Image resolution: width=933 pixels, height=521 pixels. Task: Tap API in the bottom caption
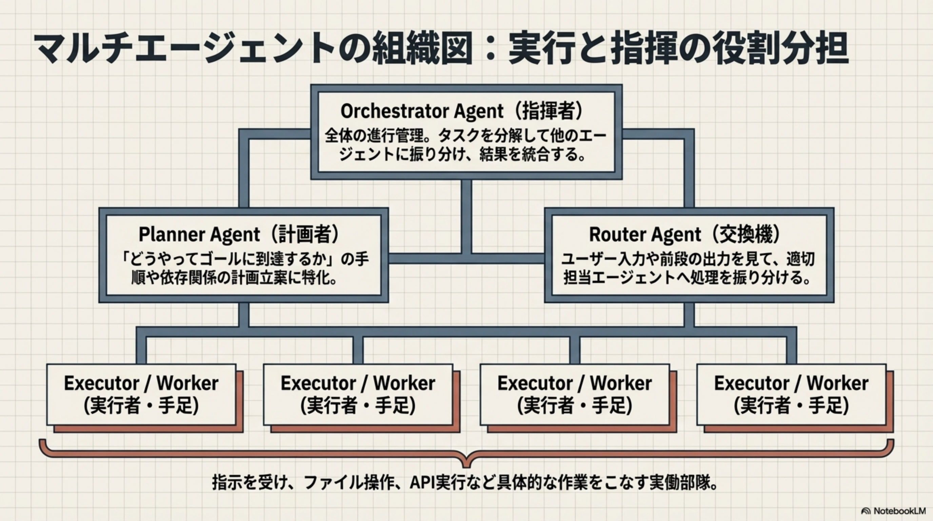coord(422,483)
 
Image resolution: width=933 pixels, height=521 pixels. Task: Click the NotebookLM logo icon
coord(866,511)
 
